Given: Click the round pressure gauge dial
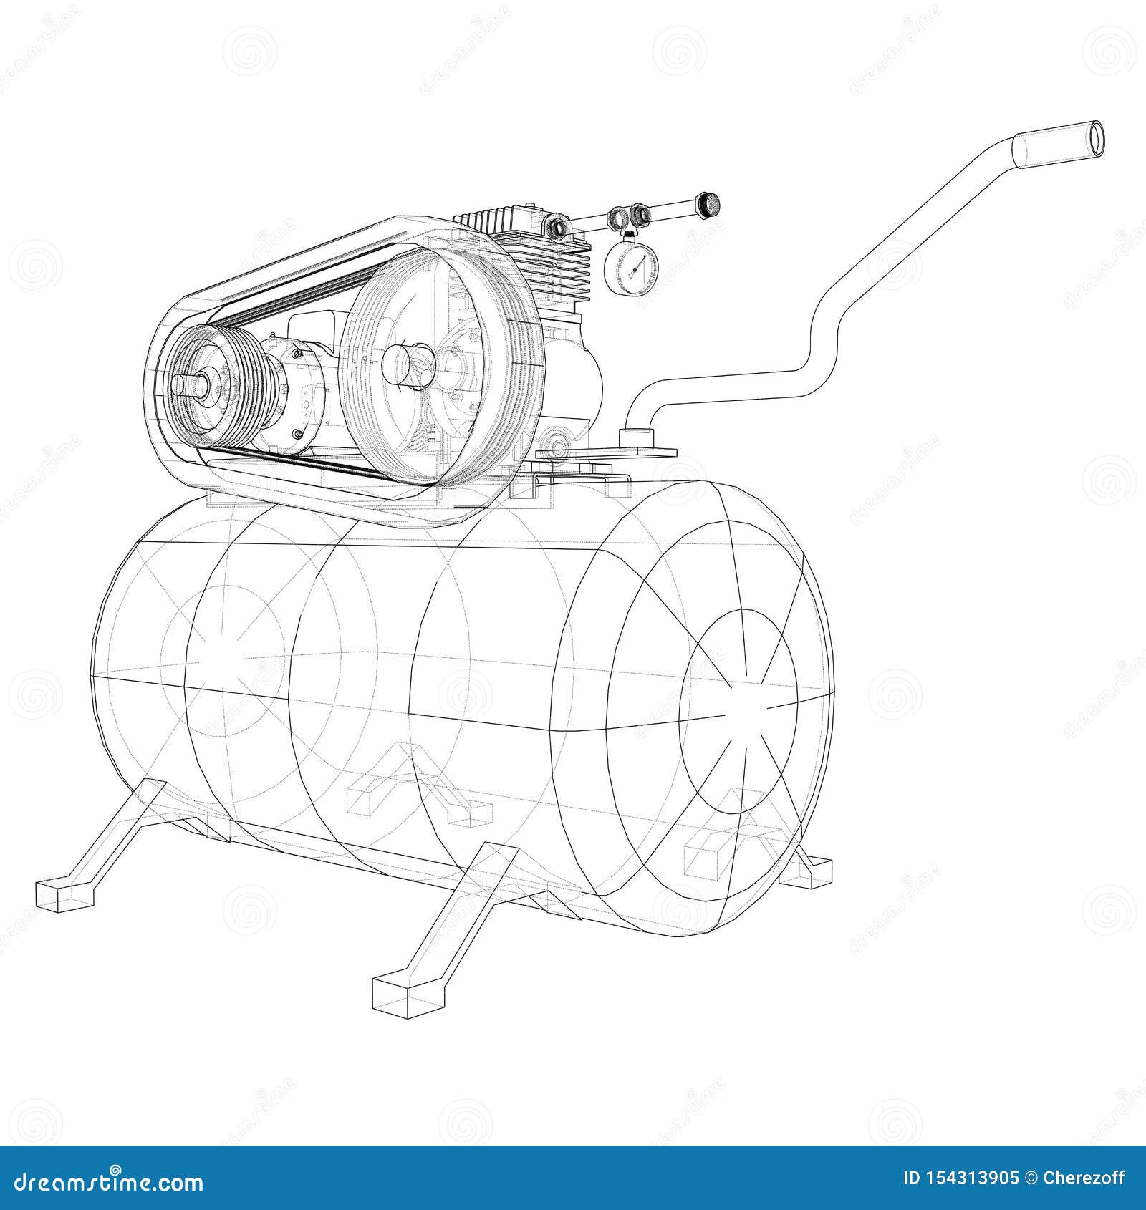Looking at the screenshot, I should coord(630,266).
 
